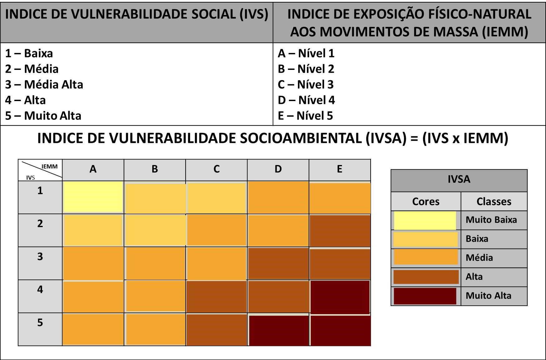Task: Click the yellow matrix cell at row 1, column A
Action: (93, 197)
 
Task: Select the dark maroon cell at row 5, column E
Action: (340, 330)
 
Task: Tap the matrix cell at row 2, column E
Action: (340, 231)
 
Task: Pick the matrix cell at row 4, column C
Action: (217, 297)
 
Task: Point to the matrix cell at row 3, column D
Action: (278, 264)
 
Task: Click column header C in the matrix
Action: (217, 169)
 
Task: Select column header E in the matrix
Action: (340, 169)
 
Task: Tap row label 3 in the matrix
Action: (40, 257)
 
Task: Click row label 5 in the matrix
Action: (40, 323)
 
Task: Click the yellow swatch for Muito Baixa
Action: (425, 220)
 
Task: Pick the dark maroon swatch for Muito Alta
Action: (425, 296)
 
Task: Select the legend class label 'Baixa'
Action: (477, 239)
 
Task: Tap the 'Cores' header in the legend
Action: (426, 202)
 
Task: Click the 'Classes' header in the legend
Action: (494, 202)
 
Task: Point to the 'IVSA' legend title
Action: (459, 179)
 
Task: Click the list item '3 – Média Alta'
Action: (44, 85)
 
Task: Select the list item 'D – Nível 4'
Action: (306, 100)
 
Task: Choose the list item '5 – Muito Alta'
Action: (43, 116)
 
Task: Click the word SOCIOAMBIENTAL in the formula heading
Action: (300, 138)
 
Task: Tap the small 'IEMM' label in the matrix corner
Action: (50, 167)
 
